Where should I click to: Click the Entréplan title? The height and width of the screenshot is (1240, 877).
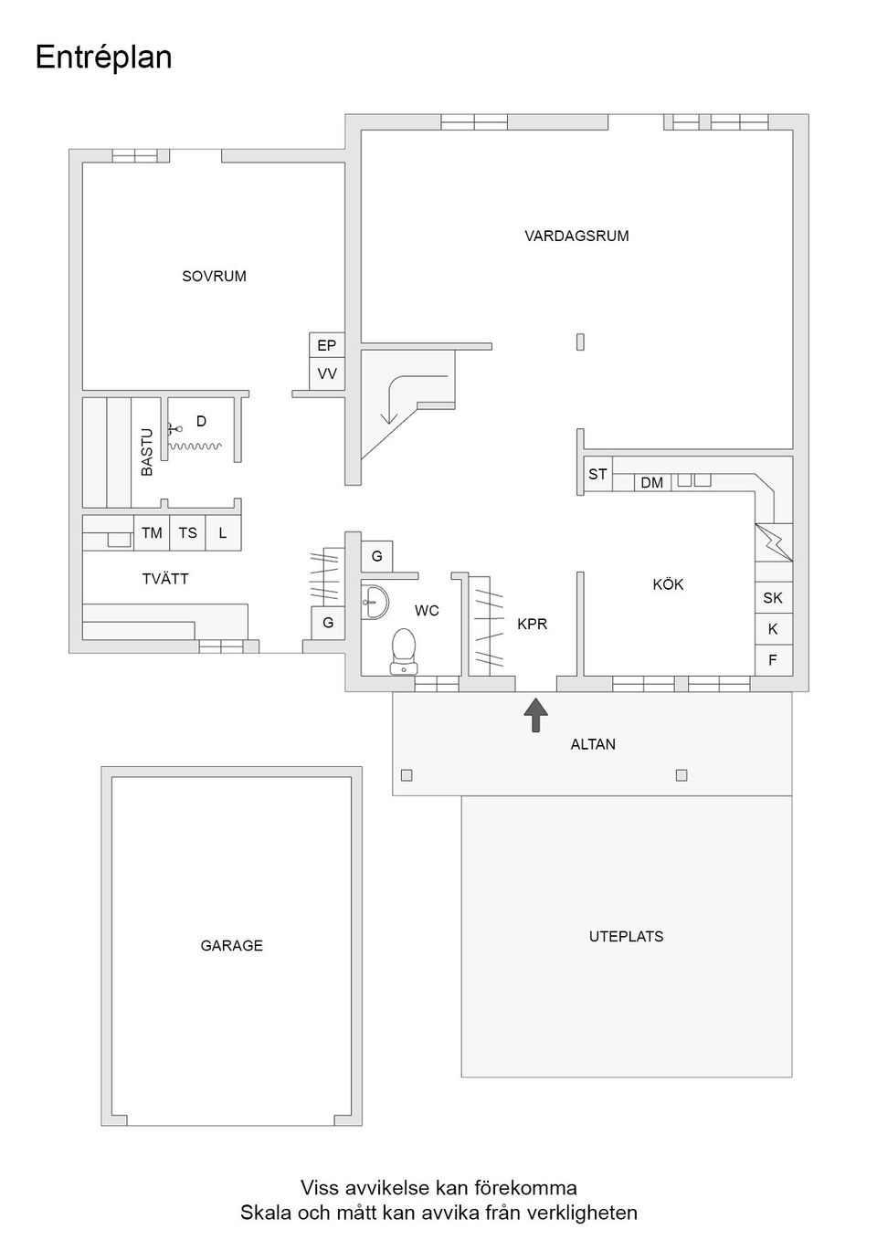click(103, 58)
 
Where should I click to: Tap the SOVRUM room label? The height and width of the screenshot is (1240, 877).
click(215, 277)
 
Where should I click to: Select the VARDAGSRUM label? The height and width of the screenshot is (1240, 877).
click(576, 236)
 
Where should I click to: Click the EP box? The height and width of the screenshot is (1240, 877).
click(327, 345)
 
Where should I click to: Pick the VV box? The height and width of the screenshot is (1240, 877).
click(327, 374)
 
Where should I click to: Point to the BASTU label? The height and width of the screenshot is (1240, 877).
click(147, 452)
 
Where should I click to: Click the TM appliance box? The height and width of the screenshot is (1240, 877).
click(152, 532)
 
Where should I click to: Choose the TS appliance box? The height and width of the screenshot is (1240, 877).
click(187, 532)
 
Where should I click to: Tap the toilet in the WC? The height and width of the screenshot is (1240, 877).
click(404, 652)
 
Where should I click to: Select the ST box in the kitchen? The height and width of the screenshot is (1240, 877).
click(597, 474)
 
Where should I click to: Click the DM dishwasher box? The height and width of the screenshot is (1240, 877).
click(652, 483)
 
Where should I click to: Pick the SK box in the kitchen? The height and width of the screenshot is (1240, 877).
click(774, 598)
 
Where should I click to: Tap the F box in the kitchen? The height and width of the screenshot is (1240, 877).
click(774, 660)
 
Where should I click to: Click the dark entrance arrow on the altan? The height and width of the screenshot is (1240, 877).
click(536, 715)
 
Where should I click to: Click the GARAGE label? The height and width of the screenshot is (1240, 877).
click(231, 945)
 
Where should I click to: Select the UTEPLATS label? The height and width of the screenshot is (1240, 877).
click(626, 936)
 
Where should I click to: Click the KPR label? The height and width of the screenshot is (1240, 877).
click(532, 625)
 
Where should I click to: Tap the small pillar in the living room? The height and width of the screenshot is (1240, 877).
click(580, 342)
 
